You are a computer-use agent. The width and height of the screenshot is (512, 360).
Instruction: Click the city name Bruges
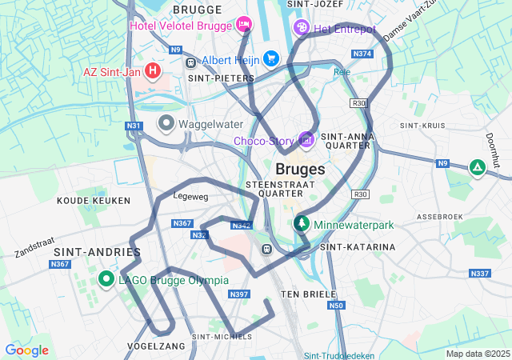(x=300, y=170)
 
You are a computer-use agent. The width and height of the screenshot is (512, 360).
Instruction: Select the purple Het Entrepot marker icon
(x=302, y=27)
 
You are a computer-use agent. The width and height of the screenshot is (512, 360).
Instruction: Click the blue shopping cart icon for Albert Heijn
(x=271, y=58)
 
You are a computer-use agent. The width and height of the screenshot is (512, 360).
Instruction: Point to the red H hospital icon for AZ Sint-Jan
(x=152, y=70)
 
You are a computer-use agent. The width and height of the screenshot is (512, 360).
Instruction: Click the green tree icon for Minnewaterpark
(x=302, y=223)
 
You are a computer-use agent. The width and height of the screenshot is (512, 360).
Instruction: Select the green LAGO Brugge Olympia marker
(x=106, y=279)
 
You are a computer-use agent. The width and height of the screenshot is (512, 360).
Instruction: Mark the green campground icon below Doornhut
(x=477, y=167)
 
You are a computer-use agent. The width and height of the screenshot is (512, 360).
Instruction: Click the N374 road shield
(x=362, y=54)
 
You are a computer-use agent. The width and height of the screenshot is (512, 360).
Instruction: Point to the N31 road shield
(x=134, y=126)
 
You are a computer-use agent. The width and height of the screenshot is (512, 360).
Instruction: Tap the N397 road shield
(x=239, y=294)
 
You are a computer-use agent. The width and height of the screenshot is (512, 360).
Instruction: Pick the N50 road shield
(x=336, y=305)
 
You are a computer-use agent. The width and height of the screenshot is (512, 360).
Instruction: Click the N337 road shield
(x=479, y=274)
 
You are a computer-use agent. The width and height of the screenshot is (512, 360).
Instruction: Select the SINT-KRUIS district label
(x=422, y=126)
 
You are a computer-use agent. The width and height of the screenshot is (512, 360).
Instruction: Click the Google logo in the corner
(x=26, y=350)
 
